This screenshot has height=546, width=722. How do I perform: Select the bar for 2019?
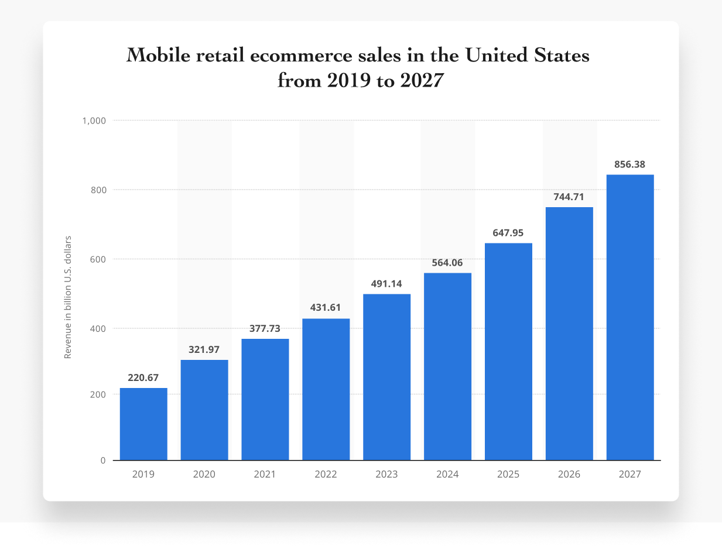143,424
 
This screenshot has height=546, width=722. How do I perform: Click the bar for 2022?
326,389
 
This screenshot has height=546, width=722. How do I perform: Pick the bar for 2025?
508,351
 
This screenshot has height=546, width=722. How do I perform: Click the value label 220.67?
143,377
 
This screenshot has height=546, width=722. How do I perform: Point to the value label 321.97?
204,349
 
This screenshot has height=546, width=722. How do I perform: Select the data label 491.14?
386,284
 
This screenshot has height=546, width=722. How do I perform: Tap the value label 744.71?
569,197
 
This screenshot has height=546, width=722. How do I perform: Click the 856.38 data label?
629,164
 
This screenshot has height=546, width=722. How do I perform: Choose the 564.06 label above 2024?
447,263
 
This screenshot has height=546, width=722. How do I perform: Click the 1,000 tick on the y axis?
94,121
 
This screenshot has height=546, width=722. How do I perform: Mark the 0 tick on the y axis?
102,461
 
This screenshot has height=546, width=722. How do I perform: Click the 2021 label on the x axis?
265,475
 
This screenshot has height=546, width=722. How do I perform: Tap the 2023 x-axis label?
386,475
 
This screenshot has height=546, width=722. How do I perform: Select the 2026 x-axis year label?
569,475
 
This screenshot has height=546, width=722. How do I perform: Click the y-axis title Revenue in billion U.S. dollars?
68,297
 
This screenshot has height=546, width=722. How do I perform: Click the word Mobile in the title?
158,56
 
